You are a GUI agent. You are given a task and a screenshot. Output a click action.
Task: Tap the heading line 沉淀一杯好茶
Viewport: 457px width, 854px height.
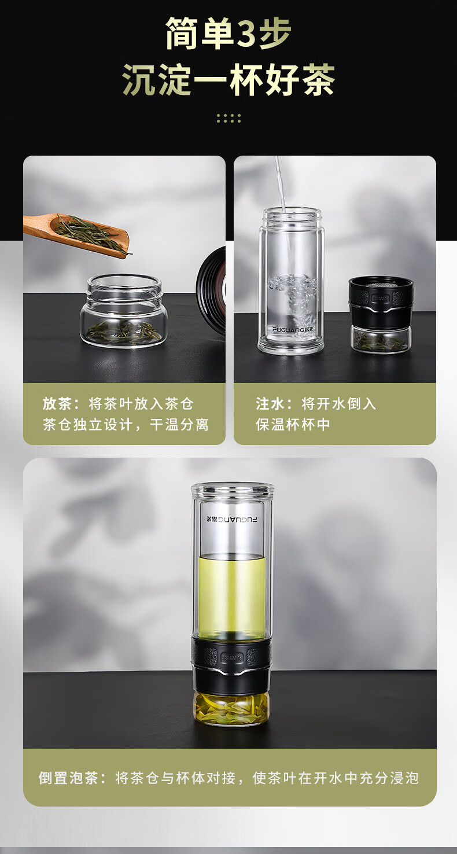(228, 80)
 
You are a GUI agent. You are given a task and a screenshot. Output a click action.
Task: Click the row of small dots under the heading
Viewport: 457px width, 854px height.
(228, 118)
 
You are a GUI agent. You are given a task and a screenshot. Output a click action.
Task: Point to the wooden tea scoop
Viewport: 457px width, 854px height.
(76, 234)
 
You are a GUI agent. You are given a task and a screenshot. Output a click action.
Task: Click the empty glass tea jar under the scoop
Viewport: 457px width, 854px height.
(123, 311)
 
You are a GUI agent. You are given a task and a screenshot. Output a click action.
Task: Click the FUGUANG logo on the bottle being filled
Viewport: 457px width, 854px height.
(293, 329)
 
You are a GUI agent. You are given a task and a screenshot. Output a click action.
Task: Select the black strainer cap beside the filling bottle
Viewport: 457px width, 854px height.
(381, 301)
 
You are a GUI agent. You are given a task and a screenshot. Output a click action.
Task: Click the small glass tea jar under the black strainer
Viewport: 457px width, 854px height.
(381, 339)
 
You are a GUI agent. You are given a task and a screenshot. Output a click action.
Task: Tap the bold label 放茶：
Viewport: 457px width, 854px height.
(61, 403)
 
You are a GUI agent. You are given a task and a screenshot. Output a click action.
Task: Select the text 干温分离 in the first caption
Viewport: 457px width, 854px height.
(179, 424)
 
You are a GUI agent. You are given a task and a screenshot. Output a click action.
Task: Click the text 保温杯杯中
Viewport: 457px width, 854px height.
(293, 424)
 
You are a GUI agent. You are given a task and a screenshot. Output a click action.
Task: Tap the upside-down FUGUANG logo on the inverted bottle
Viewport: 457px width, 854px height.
(231, 519)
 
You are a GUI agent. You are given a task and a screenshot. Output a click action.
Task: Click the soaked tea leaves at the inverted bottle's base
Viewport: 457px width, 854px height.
(231, 710)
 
